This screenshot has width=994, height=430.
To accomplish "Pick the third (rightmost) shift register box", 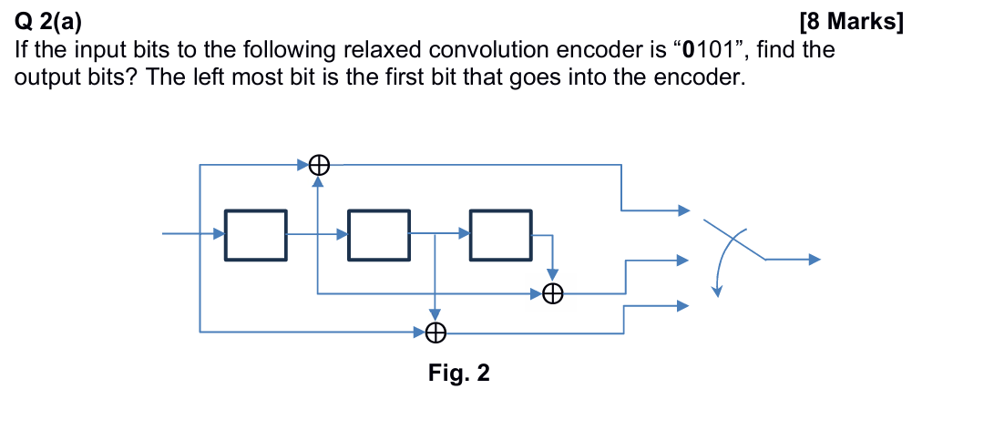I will tap(500, 235).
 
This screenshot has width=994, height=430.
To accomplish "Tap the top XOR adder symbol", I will tap(318, 165).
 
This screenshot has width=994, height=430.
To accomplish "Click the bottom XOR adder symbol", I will tap(436, 333).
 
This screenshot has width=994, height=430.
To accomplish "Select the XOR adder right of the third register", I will tap(552, 293).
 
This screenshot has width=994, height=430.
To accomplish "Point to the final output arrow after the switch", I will tap(793, 260).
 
